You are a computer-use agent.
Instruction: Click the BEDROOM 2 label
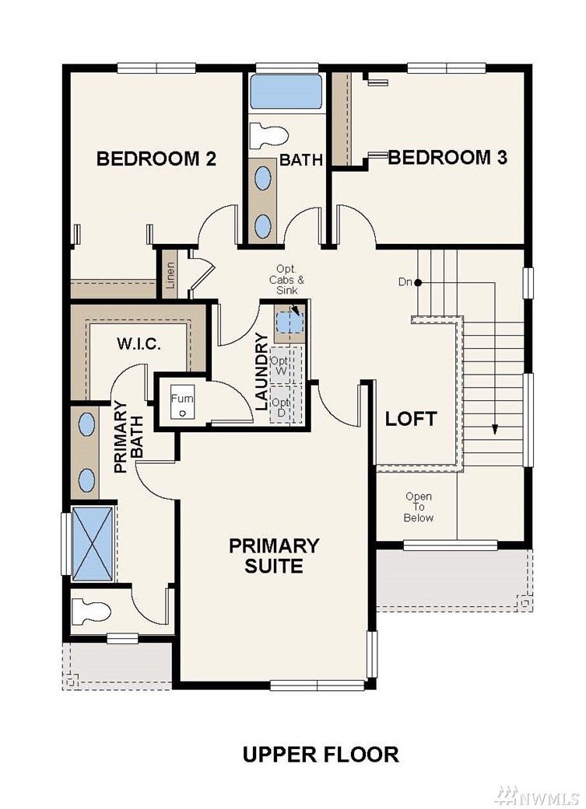(x=156, y=159)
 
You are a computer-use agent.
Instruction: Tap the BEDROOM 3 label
(x=447, y=157)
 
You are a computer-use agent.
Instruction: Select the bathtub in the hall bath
(x=286, y=92)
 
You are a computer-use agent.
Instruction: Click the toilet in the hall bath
(x=268, y=135)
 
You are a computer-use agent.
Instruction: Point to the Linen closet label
(x=170, y=275)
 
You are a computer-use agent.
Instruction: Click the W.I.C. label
(x=139, y=343)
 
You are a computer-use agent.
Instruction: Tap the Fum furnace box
(x=182, y=404)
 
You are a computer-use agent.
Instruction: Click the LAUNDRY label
(x=262, y=371)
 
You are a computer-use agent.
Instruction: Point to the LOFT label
(x=412, y=419)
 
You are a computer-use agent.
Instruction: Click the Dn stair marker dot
(x=418, y=283)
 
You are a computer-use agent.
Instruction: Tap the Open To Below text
(x=419, y=507)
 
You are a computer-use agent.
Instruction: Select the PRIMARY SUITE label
(x=274, y=555)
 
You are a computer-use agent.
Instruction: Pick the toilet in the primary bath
(x=92, y=612)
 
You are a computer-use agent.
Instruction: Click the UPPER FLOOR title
(x=321, y=755)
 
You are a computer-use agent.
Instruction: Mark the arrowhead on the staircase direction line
(x=494, y=429)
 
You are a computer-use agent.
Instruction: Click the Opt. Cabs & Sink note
(x=287, y=280)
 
